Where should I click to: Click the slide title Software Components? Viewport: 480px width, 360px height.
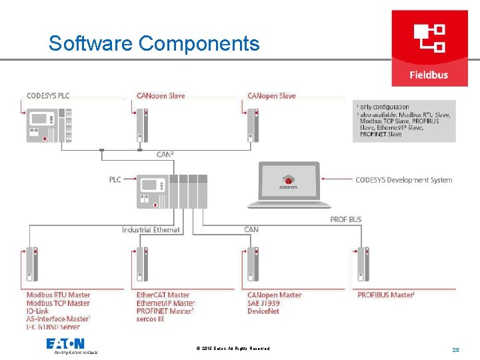(154, 43)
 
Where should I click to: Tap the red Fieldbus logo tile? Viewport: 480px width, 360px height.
(429, 48)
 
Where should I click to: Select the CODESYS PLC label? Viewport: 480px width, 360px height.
(48, 95)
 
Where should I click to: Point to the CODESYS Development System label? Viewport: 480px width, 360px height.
(403, 180)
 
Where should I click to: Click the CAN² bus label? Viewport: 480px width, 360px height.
(165, 154)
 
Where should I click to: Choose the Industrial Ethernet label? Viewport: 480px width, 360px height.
(151, 230)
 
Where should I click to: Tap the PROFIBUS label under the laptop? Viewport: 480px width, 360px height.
(346, 219)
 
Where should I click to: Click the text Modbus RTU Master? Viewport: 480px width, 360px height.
(58, 295)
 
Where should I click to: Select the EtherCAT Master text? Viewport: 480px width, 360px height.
(163, 295)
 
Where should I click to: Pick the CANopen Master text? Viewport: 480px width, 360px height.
(274, 295)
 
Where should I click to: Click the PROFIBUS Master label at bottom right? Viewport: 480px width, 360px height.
(386, 295)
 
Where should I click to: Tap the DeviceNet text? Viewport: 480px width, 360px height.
(264, 311)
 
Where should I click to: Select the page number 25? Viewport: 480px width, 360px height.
(456, 349)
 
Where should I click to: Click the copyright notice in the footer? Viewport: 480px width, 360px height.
(233, 349)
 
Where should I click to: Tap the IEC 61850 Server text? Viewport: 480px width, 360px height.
(53, 327)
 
